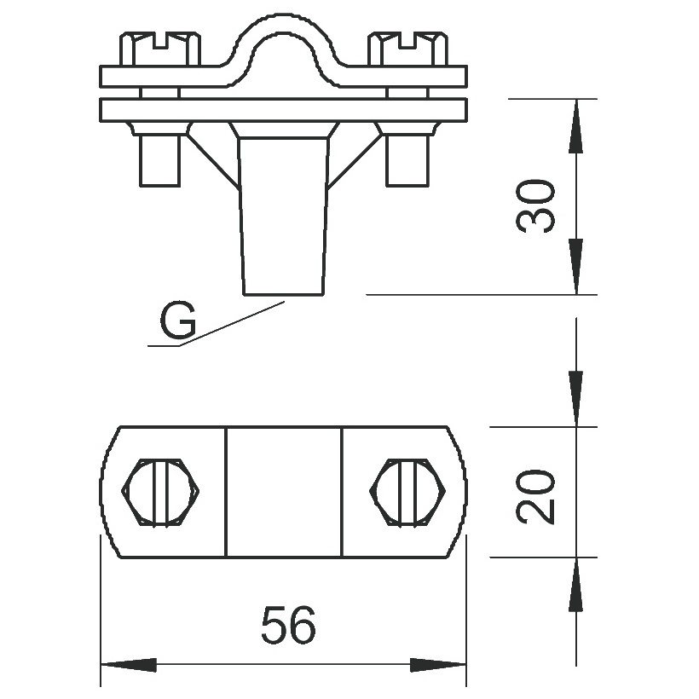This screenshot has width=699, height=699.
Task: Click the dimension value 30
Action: tap(535, 206)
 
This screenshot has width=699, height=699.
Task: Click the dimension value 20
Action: tap(535, 497)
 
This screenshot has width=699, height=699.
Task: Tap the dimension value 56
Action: tap(288, 624)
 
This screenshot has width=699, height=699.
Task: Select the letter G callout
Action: tap(178, 320)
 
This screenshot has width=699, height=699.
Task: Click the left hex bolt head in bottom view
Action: tap(160, 493)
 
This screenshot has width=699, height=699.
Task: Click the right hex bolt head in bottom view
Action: tap(408, 493)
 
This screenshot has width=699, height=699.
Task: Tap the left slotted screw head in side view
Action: tap(159, 49)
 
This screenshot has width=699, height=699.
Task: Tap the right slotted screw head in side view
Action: tap(408, 49)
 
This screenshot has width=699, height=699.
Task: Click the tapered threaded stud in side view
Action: tap(284, 217)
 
